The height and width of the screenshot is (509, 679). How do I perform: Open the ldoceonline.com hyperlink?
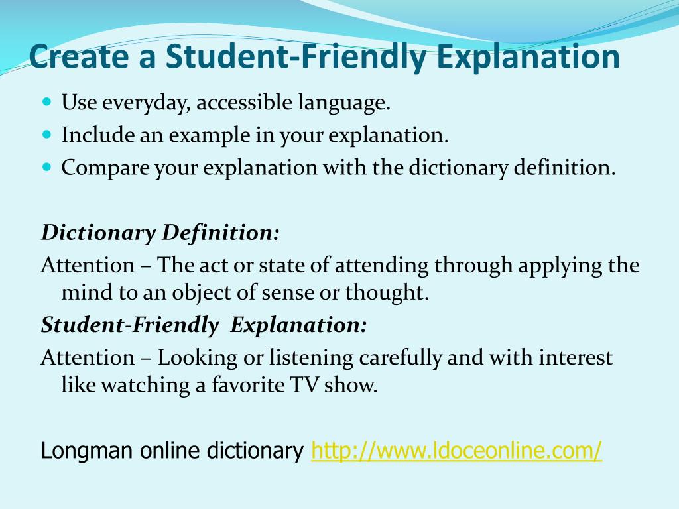(456, 451)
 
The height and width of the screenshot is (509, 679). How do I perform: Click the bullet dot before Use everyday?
(46, 103)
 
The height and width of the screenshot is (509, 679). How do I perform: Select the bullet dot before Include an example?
(46, 135)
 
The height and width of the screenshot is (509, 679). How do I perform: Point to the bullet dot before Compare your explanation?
(46, 167)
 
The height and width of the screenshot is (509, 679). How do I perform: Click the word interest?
(576, 358)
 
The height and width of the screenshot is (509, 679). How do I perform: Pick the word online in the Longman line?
(170, 451)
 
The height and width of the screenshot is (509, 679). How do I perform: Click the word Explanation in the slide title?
(526, 56)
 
